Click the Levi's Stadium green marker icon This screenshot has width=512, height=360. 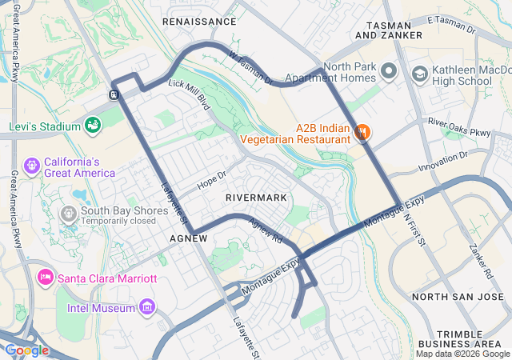click(x=93, y=126)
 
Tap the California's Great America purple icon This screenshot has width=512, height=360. click(x=32, y=166)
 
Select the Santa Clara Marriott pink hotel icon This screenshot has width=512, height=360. click(x=46, y=278)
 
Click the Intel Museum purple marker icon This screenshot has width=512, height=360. click(x=146, y=307)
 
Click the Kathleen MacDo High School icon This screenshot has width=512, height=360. click(x=419, y=74)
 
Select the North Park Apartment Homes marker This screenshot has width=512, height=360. click(x=389, y=72)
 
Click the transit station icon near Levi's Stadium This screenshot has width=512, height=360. click(x=114, y=94)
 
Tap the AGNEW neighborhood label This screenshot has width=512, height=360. click(x=189, y=238)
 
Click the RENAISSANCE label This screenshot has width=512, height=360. click(x=199, y=22)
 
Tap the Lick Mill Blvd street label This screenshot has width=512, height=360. click(x=189, y=94)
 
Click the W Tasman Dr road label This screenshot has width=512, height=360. click(x=251, y=69)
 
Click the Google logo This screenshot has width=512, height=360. click(x=26, y=350)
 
